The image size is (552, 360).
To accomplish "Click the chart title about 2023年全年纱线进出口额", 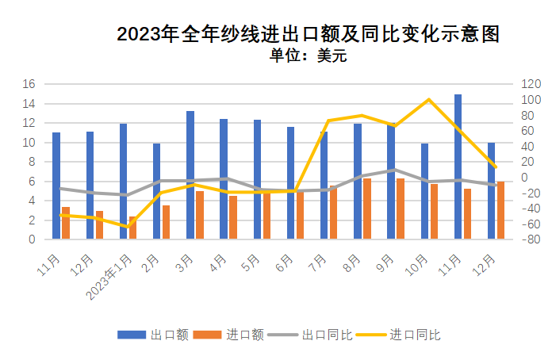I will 309,34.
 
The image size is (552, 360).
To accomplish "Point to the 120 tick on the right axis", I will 531,84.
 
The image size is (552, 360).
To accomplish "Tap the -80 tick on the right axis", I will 531,239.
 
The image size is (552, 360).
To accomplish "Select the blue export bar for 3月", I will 190,174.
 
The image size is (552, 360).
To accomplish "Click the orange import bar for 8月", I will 367,209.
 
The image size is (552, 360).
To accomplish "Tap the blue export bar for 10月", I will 425,191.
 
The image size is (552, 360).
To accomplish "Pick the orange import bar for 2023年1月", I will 132,228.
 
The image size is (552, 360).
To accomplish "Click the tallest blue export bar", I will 458,167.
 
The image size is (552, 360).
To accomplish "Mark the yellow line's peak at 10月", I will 428,100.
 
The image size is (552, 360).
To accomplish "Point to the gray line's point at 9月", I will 394,170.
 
